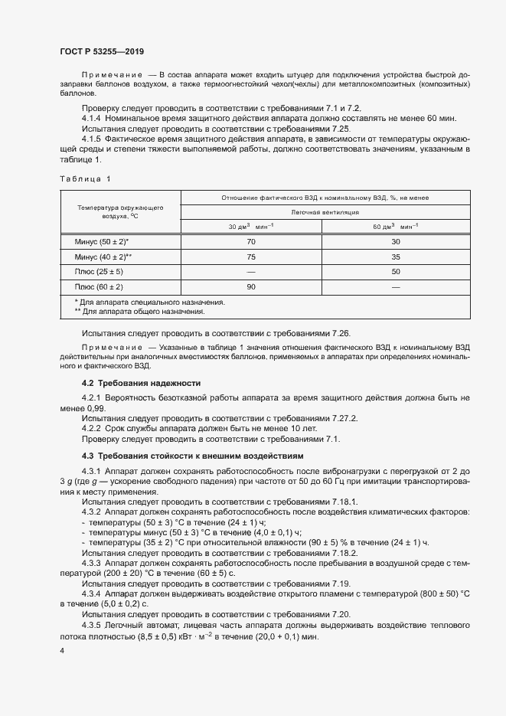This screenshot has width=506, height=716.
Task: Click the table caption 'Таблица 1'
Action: click(x=85, y=179)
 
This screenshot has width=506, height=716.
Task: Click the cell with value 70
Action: click(x=251, y=242)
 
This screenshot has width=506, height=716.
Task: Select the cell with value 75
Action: click(x=251, y=257)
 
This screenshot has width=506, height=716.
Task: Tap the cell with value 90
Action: click(x=251, y=286)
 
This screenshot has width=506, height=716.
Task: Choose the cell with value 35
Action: click(x=396, y=257)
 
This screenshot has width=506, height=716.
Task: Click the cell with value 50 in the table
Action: click(x=396, y=272)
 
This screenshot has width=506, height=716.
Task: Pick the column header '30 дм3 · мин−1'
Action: click(x=251, y=227)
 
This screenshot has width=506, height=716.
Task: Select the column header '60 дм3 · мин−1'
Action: click(x=396, y=227)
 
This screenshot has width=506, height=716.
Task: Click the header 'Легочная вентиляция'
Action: click(x=325, y=212)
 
